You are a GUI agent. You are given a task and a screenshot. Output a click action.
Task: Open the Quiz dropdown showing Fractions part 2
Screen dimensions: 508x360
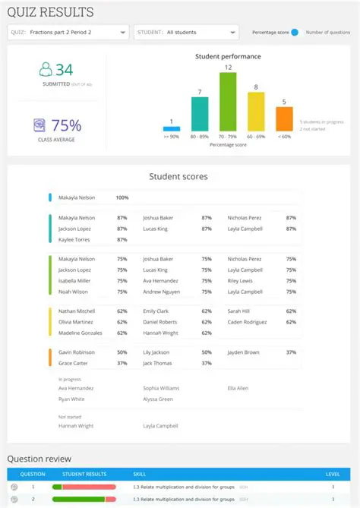click(x=68, y=33)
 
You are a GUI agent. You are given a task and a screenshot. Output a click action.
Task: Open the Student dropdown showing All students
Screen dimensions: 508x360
click(x=186, y=33)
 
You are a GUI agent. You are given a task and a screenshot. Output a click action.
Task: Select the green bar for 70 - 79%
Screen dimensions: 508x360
click(x=228, y=102)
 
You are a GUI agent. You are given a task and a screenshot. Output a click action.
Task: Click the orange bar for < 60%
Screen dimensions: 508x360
click(x=284, y=119)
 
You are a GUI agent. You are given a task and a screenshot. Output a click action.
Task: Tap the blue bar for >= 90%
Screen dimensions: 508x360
click(x=171, y=129)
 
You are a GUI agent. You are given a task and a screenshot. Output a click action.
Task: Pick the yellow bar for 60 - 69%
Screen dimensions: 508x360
click(x=256, y=112)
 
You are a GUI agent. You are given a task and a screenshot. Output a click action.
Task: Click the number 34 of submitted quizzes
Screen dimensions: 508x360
click(x=64, y=70)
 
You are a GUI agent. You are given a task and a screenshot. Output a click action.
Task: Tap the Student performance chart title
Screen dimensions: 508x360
click(x=228, y=57)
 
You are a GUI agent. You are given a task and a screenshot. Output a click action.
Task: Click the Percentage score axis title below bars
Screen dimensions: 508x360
click(x=228, y=144)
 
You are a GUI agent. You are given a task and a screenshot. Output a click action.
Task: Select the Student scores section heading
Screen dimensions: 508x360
click(x=178, y=177)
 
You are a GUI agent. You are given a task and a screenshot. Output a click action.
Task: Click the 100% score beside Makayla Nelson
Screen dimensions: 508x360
click(x=122, y=197)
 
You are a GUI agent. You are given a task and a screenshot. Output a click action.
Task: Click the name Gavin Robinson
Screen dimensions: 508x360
click(x=77, y=352)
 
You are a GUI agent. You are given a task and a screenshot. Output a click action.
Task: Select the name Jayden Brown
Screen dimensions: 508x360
click(x=243, y=352)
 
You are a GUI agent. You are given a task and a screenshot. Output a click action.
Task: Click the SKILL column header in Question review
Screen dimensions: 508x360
click(x=140, y=474)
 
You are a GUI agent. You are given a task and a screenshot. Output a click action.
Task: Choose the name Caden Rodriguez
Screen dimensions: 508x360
click(x=248, y=322)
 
